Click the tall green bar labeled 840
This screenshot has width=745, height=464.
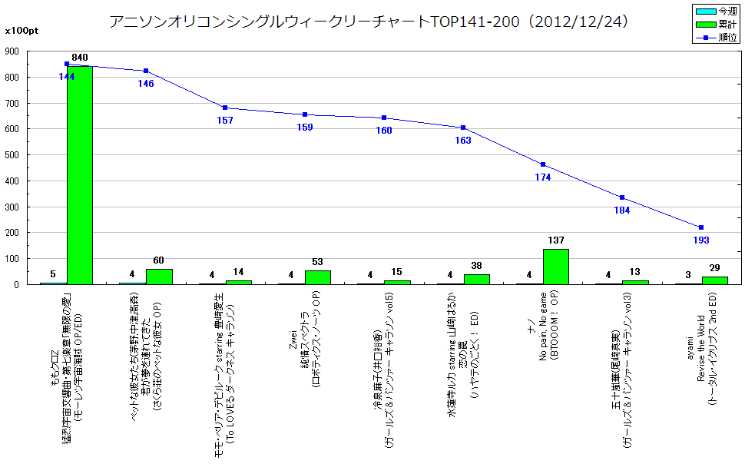[80, 175]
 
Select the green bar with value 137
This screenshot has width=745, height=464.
[555, 267]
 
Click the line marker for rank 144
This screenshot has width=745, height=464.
[67, 64]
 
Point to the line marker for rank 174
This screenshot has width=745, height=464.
[543, 164]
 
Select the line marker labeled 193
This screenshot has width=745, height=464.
[701, 227]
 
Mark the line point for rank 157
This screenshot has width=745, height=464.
[225, 108]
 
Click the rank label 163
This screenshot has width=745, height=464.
[463, 141]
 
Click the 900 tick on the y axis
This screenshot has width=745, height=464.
[13, 51]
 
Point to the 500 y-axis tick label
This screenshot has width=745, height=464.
[13, 155]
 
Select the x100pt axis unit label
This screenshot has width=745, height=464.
[21, 31]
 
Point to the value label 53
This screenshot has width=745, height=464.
[318, 263]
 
